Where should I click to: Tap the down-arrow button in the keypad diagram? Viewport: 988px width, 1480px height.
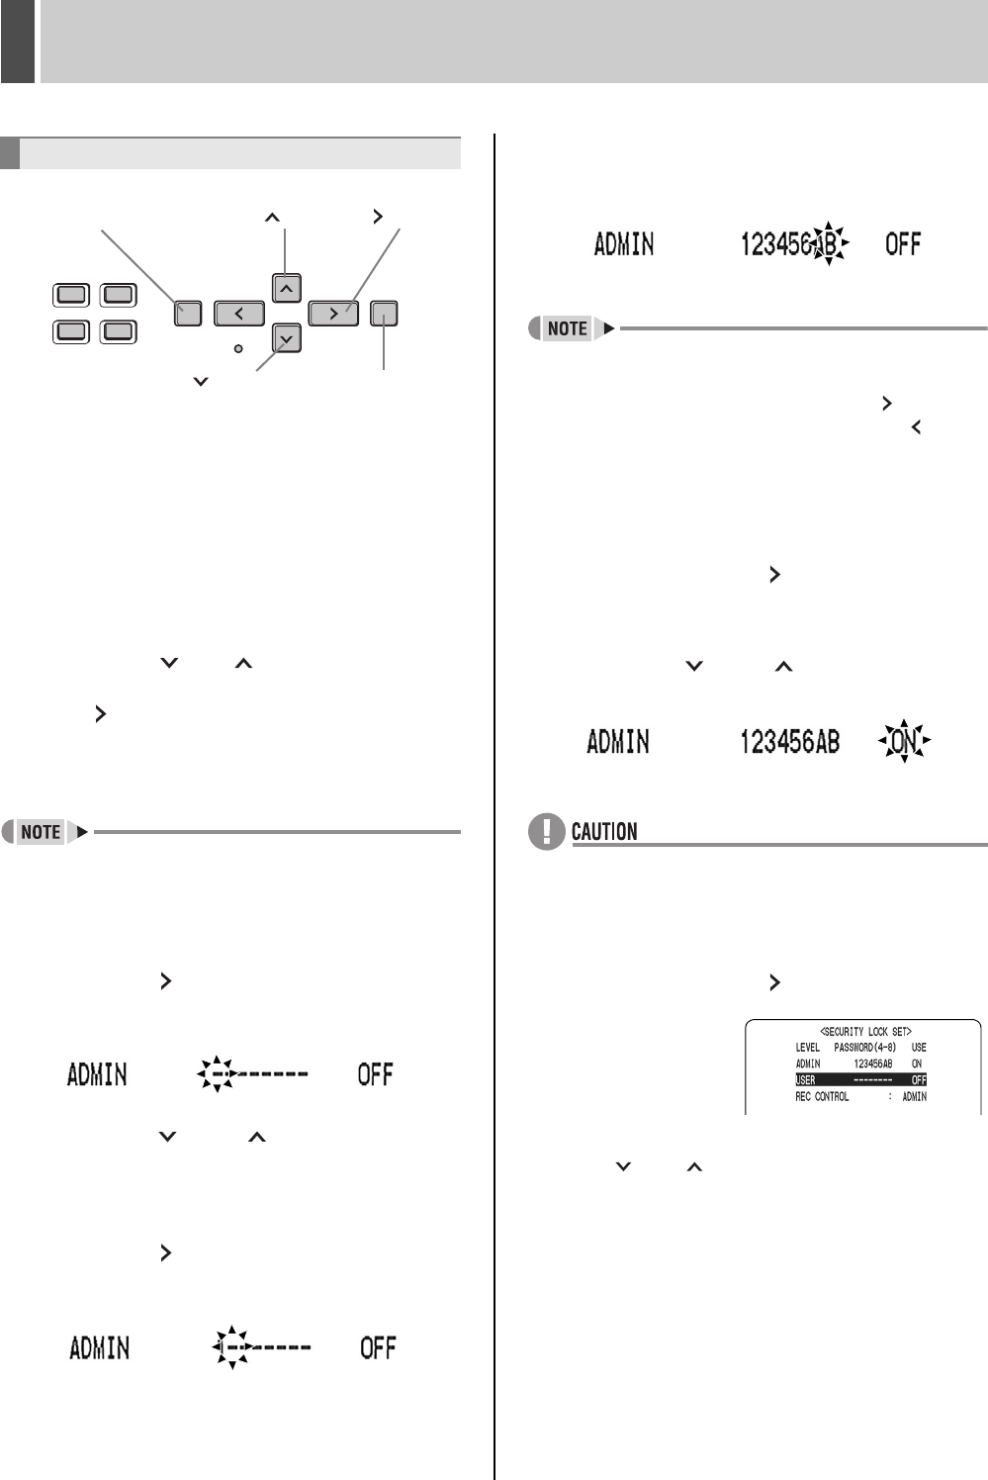click(x=286, y=339)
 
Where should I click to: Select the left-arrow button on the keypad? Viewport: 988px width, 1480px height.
click(x=239, y=314)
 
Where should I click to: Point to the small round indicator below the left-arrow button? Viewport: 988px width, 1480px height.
click(x=238, y=348)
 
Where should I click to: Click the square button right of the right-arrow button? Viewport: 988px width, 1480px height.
click(x=384, y=314)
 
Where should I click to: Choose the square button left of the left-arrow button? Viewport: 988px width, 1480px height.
click(x=188, y=314)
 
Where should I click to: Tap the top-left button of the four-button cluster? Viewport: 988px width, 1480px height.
click(x=71, y=295)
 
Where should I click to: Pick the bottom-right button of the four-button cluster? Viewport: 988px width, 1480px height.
click(x=118, y=330)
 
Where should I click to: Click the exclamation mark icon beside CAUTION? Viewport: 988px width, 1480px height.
click(x=545, y=831)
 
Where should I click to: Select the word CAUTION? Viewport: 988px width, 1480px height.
click(x=604, y=832)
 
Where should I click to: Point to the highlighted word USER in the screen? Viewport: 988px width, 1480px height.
click(x=806, y=1080)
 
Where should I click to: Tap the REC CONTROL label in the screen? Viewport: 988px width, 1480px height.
click(x=822, y=1097)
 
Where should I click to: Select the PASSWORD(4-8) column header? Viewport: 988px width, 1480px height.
click(x=864, y=1048)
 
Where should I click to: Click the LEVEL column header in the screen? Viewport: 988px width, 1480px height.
click(x=807, y=1048)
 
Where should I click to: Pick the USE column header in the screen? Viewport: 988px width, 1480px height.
click(x=919, y=1048)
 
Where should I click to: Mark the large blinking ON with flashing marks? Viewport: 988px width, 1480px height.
click(x=904, y=741)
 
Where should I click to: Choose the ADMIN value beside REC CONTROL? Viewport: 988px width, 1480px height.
click(x=914, y=1097)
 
